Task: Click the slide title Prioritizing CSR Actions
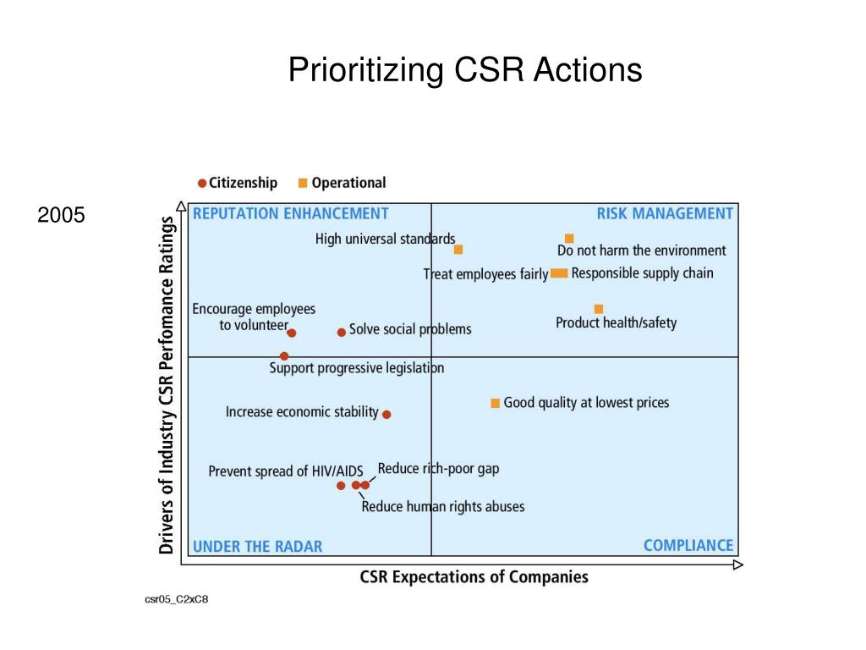pos(465,70)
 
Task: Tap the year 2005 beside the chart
pos(61,215)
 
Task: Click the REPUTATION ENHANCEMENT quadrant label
pos(291,213)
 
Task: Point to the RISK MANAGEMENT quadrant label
pos(665,213)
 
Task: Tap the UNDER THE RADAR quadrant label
pos(258,547)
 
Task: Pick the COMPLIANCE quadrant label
pos(688,545)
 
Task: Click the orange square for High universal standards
pos(458,250)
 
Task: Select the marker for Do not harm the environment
pos(569,239)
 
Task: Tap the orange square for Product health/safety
pos(599,309)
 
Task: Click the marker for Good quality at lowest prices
pos(496,403)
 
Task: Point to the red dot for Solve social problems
pos(342,333)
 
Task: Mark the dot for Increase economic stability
pos(386,415)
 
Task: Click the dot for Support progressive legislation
pos(284,356)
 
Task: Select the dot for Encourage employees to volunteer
pos(292,333)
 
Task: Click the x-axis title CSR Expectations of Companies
pos(474,577)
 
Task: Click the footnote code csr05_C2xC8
pos(176,600)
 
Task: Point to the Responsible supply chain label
pos(642,273)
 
